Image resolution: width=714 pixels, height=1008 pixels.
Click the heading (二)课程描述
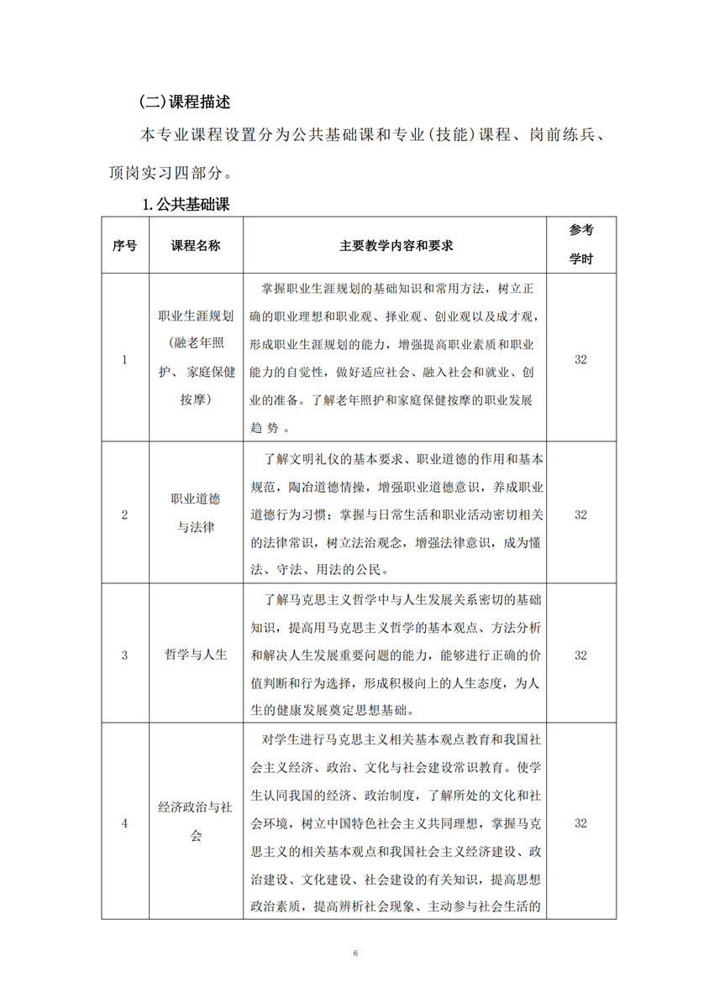(x=184, y=102)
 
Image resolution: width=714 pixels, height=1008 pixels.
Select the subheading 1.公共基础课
(x=186, y=204)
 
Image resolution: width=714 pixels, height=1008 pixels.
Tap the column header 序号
(x=125, y=246)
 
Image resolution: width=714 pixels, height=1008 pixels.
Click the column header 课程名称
(x=196, y=246)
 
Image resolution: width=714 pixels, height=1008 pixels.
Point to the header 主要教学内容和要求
(x=396, y=246)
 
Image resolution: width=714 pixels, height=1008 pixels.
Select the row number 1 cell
(x=125, y=359)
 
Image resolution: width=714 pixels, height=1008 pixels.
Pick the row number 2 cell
(x=125, y=514)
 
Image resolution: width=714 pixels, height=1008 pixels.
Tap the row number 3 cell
(x=125, y=655)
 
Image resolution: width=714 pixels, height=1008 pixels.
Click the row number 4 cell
(x=125, y=823)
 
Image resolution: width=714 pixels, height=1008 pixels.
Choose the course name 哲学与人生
(x=196, y=655)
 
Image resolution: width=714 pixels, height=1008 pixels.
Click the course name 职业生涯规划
(x=196, y=316)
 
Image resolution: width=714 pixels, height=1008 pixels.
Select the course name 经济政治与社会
(x=196, y=822)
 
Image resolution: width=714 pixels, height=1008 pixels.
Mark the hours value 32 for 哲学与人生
(x=580, y=655)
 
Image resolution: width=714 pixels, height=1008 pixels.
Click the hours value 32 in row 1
(x=580, y=359)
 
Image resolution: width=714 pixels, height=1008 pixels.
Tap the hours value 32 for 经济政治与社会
(x=580, y=823)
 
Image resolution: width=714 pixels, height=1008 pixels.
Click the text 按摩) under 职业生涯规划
(x=196, y=400)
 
